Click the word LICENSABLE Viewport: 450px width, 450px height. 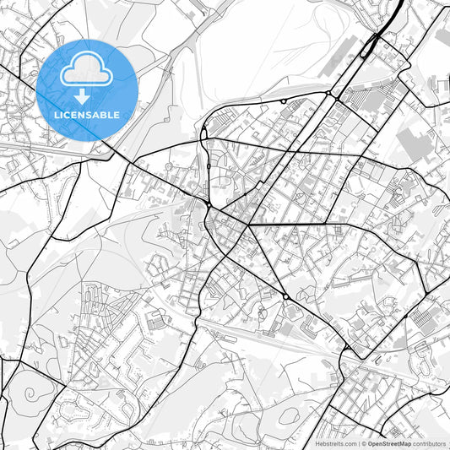[x=86, y=114]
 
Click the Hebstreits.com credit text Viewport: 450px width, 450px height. [x=336, y=443]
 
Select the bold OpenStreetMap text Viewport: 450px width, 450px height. [x=388, y=443]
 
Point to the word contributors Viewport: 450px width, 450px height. [x=430, y=443]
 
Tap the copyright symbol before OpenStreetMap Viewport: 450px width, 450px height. [x=364, y=443]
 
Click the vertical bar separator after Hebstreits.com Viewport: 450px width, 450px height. [x=359, y=443]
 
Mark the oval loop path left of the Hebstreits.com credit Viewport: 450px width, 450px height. [x=287, y=416]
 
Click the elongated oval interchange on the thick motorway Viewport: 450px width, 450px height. [x=370, y=46]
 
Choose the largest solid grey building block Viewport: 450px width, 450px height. [x=415, y=144]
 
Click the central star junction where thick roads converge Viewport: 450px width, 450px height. [x=249, y=225]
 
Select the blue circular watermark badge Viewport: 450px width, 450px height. [x=86, y=89]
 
